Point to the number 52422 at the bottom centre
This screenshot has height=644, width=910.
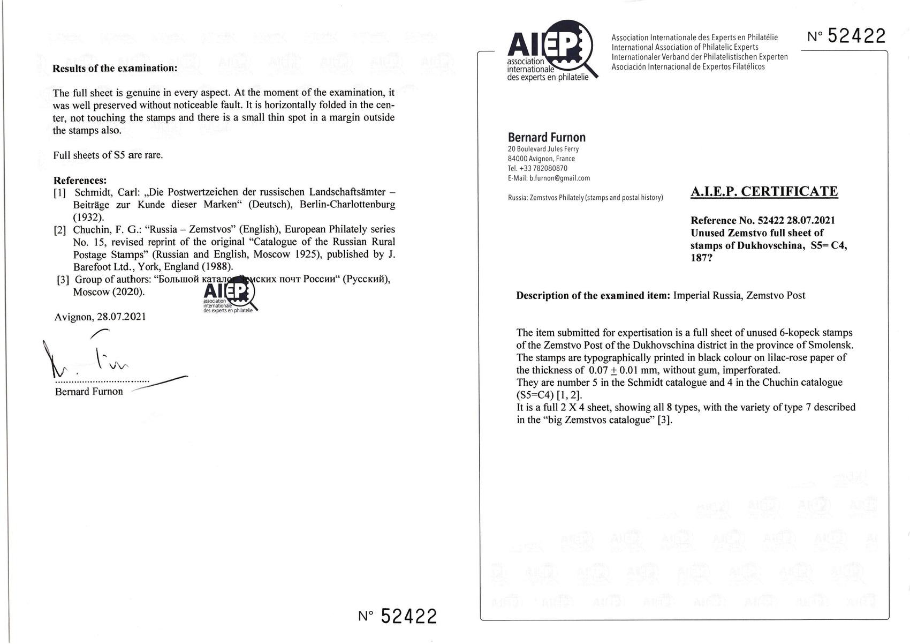pos(408,616)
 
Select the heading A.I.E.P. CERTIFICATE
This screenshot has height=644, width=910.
pos(764,191)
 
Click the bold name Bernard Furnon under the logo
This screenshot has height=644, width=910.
pos(547,137)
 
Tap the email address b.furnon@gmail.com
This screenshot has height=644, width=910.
pos(559,178)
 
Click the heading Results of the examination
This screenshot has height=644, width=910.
pos(115,69)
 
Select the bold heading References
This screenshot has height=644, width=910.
pos(80,180)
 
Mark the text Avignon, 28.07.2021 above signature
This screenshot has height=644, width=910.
pos(100,317)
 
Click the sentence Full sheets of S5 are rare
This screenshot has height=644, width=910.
pos(108,155)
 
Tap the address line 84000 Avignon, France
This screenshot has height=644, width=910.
pos(541,159)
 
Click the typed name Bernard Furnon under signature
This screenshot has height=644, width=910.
pos(89,392)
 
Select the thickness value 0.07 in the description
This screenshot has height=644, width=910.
pos(598,370)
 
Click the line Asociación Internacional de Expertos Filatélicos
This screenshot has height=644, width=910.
pos(688,66)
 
